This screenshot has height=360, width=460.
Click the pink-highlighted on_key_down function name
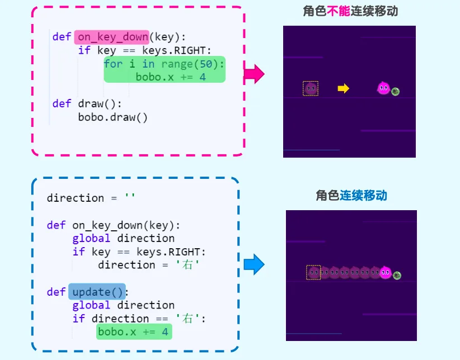tap(113, 37)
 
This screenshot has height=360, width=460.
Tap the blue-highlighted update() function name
tap(97, 292)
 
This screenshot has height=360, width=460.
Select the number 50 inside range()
tap(206, 64)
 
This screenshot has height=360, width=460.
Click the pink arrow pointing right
tap(254, 74)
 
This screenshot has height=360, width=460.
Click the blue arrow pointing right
tap(254, 264)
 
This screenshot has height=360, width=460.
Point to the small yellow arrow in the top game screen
tap(343, 88)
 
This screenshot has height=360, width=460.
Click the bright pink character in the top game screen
tap(383, 88)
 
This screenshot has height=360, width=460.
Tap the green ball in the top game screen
tap(395, 92)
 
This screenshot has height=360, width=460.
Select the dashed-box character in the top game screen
tap(311, 88)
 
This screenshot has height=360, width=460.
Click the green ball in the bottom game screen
tap(397, 275)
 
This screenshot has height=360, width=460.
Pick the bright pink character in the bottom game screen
tap(386, 272)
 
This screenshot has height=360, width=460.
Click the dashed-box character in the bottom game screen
tap(313, 272)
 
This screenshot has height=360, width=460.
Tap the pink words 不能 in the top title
tap(338, 11)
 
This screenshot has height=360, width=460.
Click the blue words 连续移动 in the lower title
tap(363, 195)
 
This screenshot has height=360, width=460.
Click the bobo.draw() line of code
tap(112, 117)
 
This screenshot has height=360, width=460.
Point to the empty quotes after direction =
tap(130, 196)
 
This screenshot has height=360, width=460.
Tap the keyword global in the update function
tap(91, 305)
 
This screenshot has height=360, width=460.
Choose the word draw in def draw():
tap(91, 104)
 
